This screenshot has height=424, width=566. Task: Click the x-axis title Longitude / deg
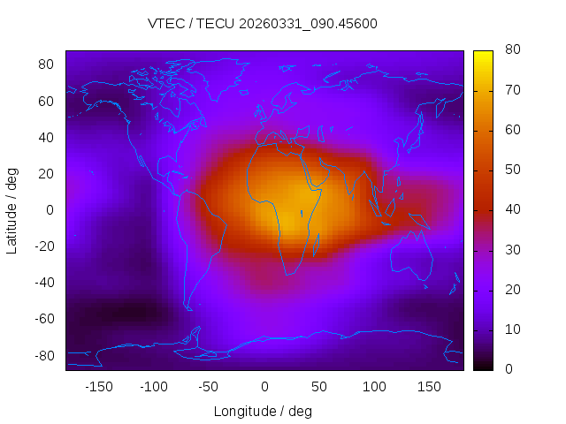263,411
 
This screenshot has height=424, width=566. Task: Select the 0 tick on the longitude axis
264,386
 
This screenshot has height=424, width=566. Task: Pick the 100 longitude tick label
374,386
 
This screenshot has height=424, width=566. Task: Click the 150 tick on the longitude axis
429,386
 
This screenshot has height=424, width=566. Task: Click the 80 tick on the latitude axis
47,64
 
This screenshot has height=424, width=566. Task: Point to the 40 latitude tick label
47,137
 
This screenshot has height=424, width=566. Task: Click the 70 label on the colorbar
510,90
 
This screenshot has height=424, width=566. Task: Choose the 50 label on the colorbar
510,170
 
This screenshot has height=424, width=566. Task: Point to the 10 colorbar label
510,329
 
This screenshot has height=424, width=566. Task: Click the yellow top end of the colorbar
483,55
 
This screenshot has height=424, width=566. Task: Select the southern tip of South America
188,308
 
